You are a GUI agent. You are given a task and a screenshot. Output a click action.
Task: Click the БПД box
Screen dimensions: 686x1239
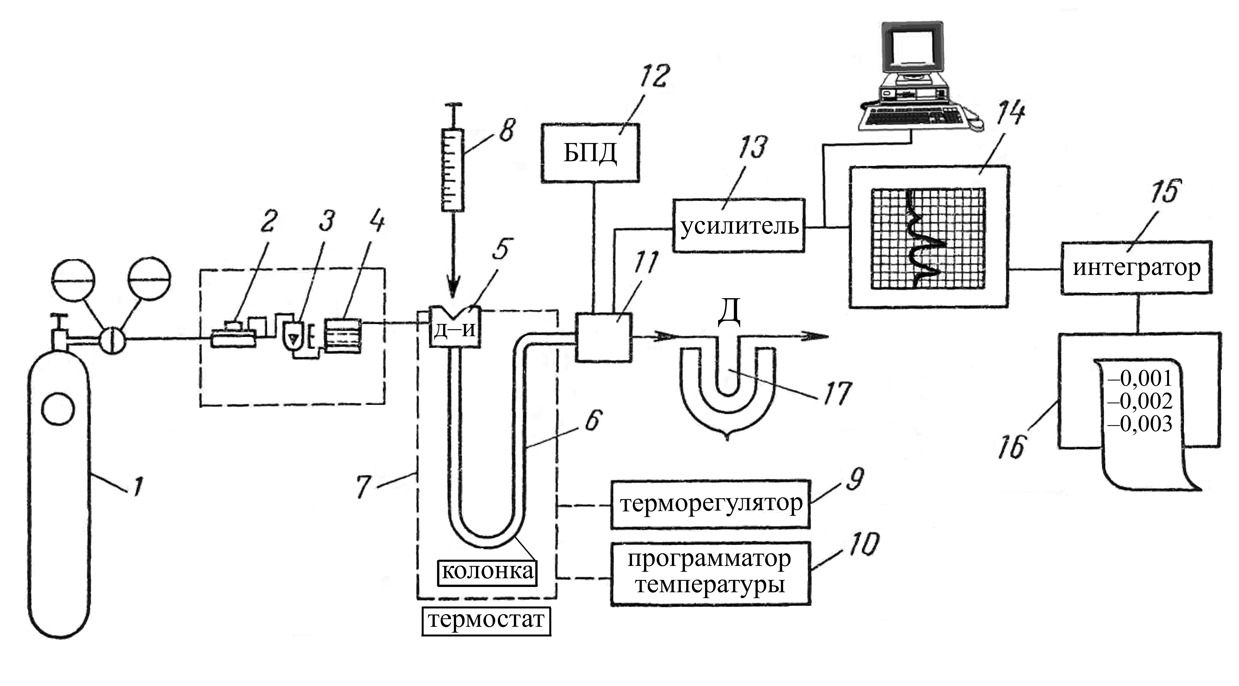[x=590, y=153]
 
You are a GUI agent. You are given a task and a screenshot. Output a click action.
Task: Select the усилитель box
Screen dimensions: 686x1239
[x=738, y=225]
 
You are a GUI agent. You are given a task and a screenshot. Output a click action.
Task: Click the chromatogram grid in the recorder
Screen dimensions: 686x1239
[x=928, y=239]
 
